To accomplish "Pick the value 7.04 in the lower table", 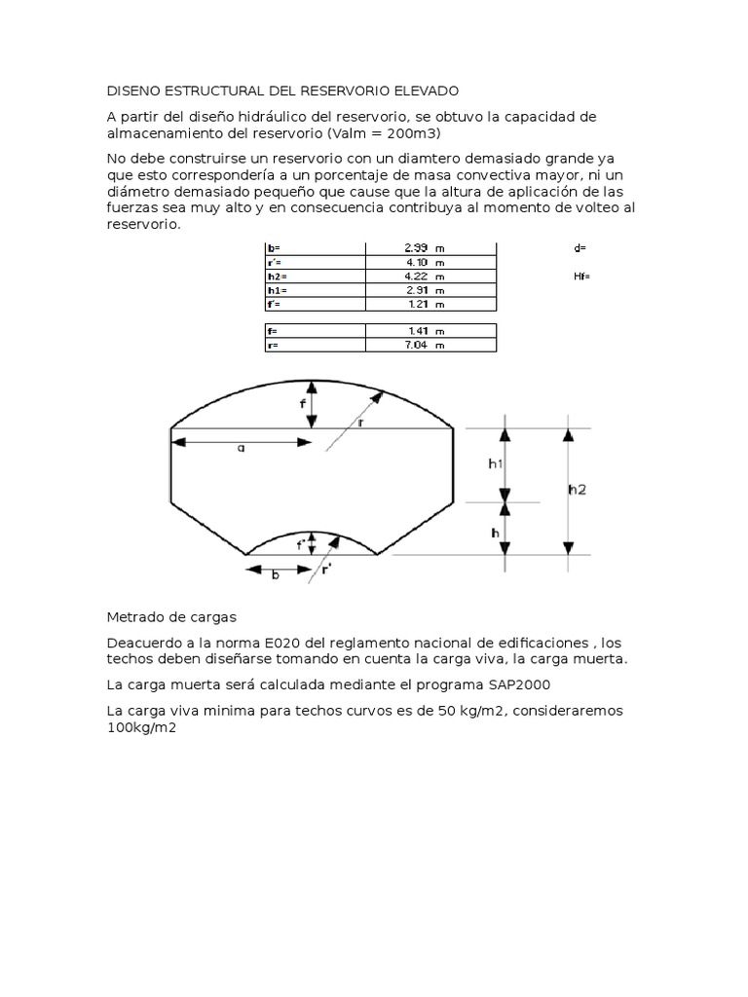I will coord(419,345).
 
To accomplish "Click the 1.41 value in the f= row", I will coord(419,331).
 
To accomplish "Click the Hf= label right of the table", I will coord(583,277).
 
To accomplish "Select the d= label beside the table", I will coord(580,248).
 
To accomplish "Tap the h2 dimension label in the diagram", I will coord(577,490).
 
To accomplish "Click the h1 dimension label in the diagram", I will coord(495,464).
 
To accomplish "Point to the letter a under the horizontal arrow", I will coord(241,449).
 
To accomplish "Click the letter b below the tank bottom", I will coord(276,575).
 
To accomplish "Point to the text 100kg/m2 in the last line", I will coord(139,727).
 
